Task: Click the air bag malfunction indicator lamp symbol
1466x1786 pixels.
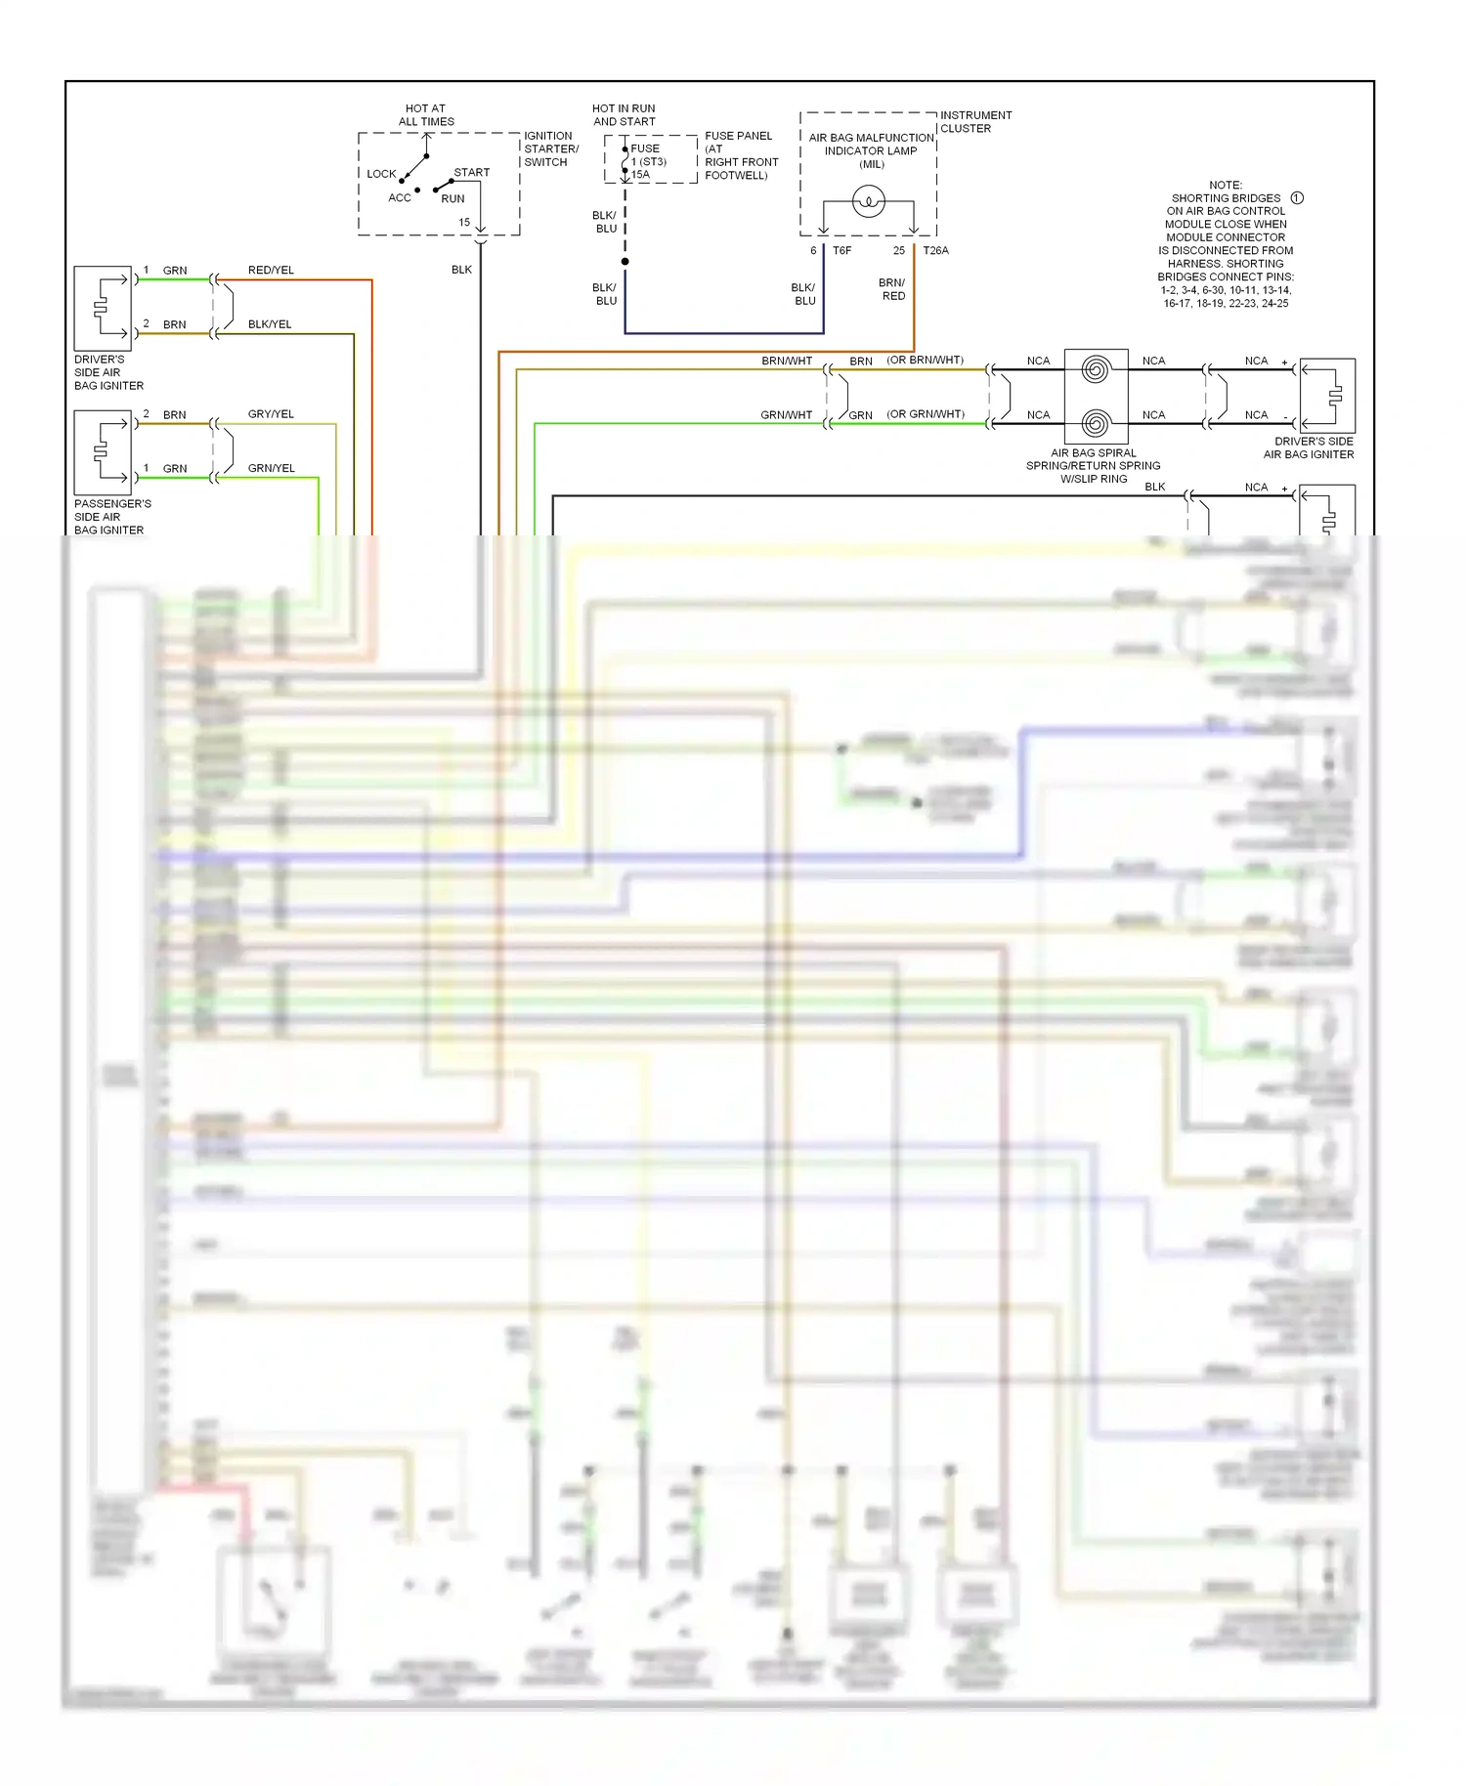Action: pyautogui.click(x=868, y=202)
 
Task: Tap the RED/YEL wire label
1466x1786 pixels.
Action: pyautogui.click(x=271, y=271)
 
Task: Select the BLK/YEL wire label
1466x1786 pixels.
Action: pyautogui.click(x=270, y=324)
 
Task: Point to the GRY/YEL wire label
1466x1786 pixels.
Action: pyautogui.click(x=271, y=414)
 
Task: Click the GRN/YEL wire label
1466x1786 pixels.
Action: pyautogui.click(x=271, y=469)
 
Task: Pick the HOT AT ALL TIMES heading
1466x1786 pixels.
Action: pyautogui.click(x=426, y=115)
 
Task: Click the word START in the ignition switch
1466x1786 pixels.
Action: pyautogui.click(x=471, y=173)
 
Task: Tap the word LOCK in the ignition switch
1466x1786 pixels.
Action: pyautogui.click(x=381, y=174)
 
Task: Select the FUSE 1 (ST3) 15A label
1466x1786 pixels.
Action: pyautogui.click(x=647, y=162)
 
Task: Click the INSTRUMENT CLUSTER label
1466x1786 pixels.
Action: pyautogui.click(x=975, y=122)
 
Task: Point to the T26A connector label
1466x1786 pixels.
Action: pyautogui.click(x=935, y=251)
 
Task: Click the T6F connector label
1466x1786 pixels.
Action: pyautogui.click(x=841, y=251)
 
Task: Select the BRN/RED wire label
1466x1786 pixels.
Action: pyautogui.click(x=892, y=289)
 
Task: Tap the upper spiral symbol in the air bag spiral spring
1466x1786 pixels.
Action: pyautogui.click(x=1096, y=369)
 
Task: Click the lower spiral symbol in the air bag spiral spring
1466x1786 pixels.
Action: pyautogui.click(x=1096, y=424)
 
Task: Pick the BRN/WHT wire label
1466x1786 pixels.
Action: pyautogui.click(x=787, y=361)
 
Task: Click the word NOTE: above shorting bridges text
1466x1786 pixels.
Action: pyautogui.click(x=1225, y=185)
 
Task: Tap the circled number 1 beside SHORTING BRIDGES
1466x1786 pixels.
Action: pyautogui.click(x=1297, y=198)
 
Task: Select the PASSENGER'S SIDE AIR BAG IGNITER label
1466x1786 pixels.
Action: pyautogui.click(x=112, y=517)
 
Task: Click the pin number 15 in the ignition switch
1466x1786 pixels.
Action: pyautogui.click(x=464, y=223)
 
